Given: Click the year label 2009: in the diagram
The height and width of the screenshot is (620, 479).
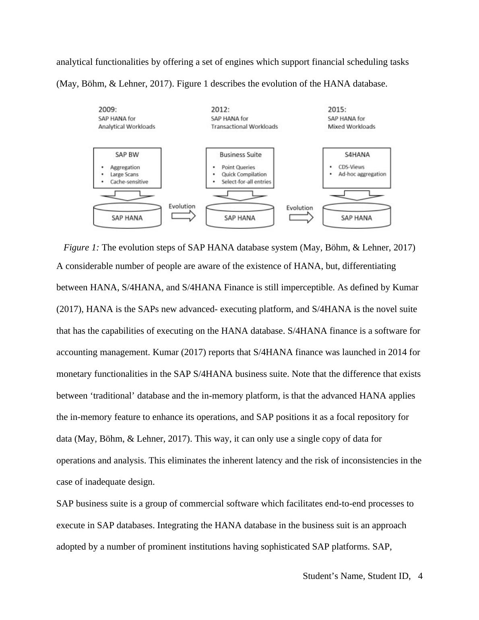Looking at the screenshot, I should pyautogui.click(x=107, y=109).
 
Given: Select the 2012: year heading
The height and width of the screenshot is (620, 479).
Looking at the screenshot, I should pyautogui.click(x=220, y=109).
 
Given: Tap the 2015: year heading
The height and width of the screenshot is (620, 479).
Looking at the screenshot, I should pyautogui.click(x=337, y=109).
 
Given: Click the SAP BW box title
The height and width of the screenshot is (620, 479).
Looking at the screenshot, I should pyautogui.click(x=127, y=155).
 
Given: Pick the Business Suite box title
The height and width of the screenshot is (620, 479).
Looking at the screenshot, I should pyautogui.click(x=240, y=155).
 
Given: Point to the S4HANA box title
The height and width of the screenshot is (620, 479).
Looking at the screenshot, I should pyautogui.click(x=357, y=155).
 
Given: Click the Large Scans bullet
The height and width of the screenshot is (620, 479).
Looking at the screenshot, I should pyautogui.click(x=124, y=174).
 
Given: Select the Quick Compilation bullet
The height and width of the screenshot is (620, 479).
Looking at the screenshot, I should pyautogui.click(x=244, y=174).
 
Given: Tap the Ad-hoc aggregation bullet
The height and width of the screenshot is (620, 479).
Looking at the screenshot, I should pyautogui.click(x=362, y=174).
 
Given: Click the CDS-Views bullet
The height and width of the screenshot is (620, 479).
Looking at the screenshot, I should pyautogui.click(x=351, y=167).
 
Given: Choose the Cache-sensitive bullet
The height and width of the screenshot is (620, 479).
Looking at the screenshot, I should pyautogui.click(x=129, y=182).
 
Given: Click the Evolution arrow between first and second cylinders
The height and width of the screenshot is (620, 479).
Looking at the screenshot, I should pyautogui.click(x=183, y=216).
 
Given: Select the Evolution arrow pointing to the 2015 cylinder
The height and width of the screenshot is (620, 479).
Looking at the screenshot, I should pyautogui.click(x=301, y=217).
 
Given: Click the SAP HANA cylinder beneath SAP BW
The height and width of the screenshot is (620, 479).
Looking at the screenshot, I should pyautogui.click(x=127, y=218).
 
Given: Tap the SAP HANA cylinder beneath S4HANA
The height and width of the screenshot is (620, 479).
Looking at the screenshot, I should pyautogui.click(x=356, y=218).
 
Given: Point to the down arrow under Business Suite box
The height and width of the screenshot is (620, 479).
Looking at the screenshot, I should pyautogui.click(x=240, y=195).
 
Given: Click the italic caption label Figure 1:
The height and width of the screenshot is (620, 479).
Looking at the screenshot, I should pyautogui.click(x=81, y=248).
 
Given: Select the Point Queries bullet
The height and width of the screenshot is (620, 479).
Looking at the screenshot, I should pyautogui.click(x=238, y=167).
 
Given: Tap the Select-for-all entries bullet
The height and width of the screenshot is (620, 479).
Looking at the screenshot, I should pyautogui.click(x=246, y=182).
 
